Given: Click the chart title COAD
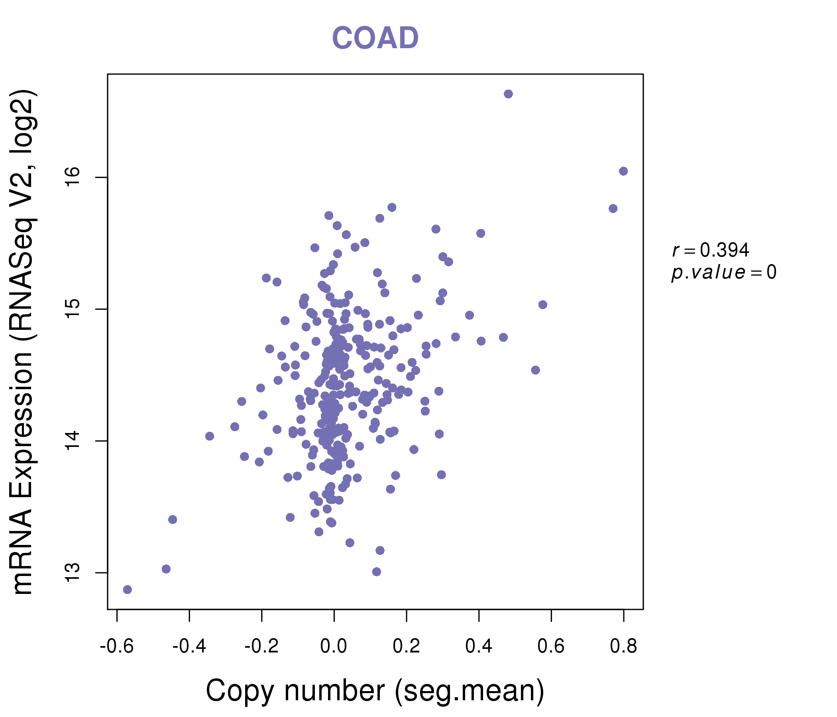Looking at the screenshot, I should click(x=375, y=38).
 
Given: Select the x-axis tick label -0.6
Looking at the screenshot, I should click(x=117, y=646).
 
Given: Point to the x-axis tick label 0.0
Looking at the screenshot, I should click(x=334, y=646).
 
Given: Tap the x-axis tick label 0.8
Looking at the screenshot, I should click(x=623, y=646).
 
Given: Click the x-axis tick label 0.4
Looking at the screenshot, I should click(x=479, y=646).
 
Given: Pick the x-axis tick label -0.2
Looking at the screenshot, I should click(x=261, y=646).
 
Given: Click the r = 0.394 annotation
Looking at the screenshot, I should click(x=711, y=250).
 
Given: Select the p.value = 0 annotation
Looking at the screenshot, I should click(x=723, y=272).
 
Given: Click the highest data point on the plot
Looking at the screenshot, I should click(x=508, y=94).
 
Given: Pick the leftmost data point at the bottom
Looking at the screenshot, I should click(x=127, y=590).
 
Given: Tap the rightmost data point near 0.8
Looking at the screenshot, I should click(x=623, y=171).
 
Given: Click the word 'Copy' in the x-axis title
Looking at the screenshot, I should click(x=240, y=692).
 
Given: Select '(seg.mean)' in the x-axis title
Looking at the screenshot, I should click(x=470, y=692).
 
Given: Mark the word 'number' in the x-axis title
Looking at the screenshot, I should click(x=334, y=692).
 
